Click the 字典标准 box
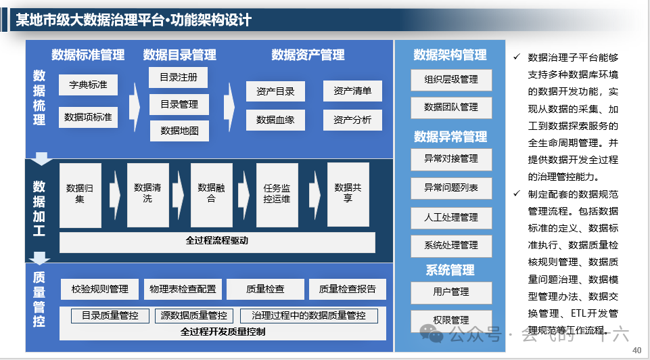[x=88, y=85]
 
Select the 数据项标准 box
[x=88, y=117]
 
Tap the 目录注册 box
[x=179, y=78]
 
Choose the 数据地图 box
[x=179, y=131]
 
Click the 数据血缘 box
[x=275, y=120]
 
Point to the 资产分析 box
[x=352, y=120]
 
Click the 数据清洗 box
[x=147, y=194]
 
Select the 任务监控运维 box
[x=277, y=194]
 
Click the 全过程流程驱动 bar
[x=217, y=241]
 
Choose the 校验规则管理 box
[x=99, y=290]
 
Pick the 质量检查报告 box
[x=347, y=290]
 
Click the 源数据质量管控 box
[x=194, y=315]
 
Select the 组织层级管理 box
[x=451, y=79]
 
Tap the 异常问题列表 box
[x=451, y=187]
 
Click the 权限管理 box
[x=451, y=320]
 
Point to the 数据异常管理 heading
[x=450, y=137]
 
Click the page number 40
[x=636, y=350]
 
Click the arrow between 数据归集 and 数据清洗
[x=114, y=194]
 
